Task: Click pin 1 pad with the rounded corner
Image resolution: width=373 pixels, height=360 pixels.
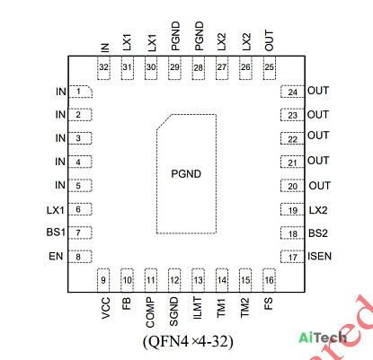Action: click(80, 92)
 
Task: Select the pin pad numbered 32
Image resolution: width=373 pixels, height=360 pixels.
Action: click(103, 68)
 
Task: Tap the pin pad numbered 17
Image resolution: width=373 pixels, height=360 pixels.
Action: click(292, 257)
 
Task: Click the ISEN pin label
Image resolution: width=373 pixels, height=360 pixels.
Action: click(320, 257)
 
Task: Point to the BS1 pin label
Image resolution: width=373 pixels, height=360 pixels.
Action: click(56, 233)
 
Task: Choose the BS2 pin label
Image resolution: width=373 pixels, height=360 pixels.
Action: click(318, 233)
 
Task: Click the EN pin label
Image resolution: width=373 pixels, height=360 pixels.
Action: click(56, 257)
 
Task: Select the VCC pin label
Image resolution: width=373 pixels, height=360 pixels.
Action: click(106, 308)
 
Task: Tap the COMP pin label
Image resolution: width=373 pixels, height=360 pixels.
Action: click(150, 312)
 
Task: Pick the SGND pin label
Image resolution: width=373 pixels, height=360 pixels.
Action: click(173, 312)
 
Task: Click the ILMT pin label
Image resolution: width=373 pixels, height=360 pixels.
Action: click(198, 308)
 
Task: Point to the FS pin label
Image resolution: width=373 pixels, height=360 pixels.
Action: click(269, 303)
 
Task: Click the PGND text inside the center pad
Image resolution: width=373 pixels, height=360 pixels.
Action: click(186, 174)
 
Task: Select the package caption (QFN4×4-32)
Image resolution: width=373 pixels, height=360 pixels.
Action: click(188, 341)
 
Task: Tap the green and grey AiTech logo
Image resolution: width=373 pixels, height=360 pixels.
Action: click(323, 338)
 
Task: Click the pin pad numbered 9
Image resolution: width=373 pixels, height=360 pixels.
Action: click(103, 280)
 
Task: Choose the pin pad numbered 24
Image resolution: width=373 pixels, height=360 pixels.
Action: click(292, 92)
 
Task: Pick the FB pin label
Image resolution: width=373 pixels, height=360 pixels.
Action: click(127, 303)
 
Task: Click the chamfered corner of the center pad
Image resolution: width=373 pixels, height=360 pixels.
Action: click(164, 122)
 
